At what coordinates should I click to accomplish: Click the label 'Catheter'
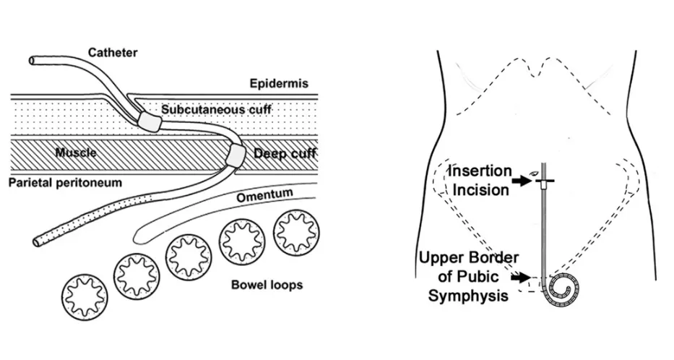(x=113, y=53)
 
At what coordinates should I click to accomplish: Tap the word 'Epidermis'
(x=279, y=83)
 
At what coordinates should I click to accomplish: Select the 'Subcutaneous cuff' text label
(x=216, y=109)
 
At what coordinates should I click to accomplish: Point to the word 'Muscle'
(x=76, y=153)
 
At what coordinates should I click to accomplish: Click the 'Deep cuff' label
(x=285, y=153)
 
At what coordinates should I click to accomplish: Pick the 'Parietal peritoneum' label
(x=65, y=182)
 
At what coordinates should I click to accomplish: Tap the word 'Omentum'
(x=264, y=195)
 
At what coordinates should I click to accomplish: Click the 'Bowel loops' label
(x=267, y=285)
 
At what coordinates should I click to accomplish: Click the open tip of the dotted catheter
(x=38, y=241)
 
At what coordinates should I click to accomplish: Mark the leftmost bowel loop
(x=85, y=298)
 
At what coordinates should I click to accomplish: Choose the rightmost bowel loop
(x=297, y=232)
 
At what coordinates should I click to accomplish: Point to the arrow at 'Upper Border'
(x=522, y=278)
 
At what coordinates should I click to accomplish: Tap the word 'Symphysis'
(x=468, y=296)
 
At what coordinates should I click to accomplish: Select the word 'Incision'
(x=480, y=189)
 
